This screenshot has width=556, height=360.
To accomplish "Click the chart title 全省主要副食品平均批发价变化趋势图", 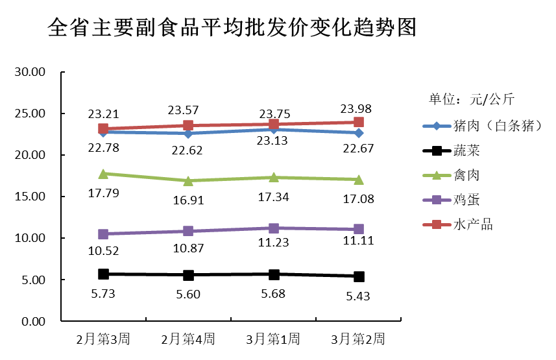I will [x=232, y=28].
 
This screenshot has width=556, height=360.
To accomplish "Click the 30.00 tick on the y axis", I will [x=29, y=72].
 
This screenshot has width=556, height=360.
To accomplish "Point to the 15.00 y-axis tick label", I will [x=29, y=197].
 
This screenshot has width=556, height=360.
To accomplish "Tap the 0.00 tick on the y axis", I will [x=32, y=322].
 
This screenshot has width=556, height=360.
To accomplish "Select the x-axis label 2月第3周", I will [x=103, y=339].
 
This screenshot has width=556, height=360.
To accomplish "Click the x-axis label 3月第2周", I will [x=358, y=339].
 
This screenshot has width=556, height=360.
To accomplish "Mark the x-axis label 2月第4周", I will [x=188, y=339].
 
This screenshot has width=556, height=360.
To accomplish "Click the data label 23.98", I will [x=358, y=108].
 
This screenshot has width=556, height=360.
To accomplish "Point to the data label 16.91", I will [x=188, y=200].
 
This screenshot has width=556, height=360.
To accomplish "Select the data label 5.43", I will [x=358, y=296].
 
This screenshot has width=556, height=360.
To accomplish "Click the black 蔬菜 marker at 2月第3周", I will [x=103, y=274].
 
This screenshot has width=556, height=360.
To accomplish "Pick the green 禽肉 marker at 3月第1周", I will [x=273, y=177].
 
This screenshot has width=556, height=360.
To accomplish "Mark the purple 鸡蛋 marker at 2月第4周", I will [x=188, y=231].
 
